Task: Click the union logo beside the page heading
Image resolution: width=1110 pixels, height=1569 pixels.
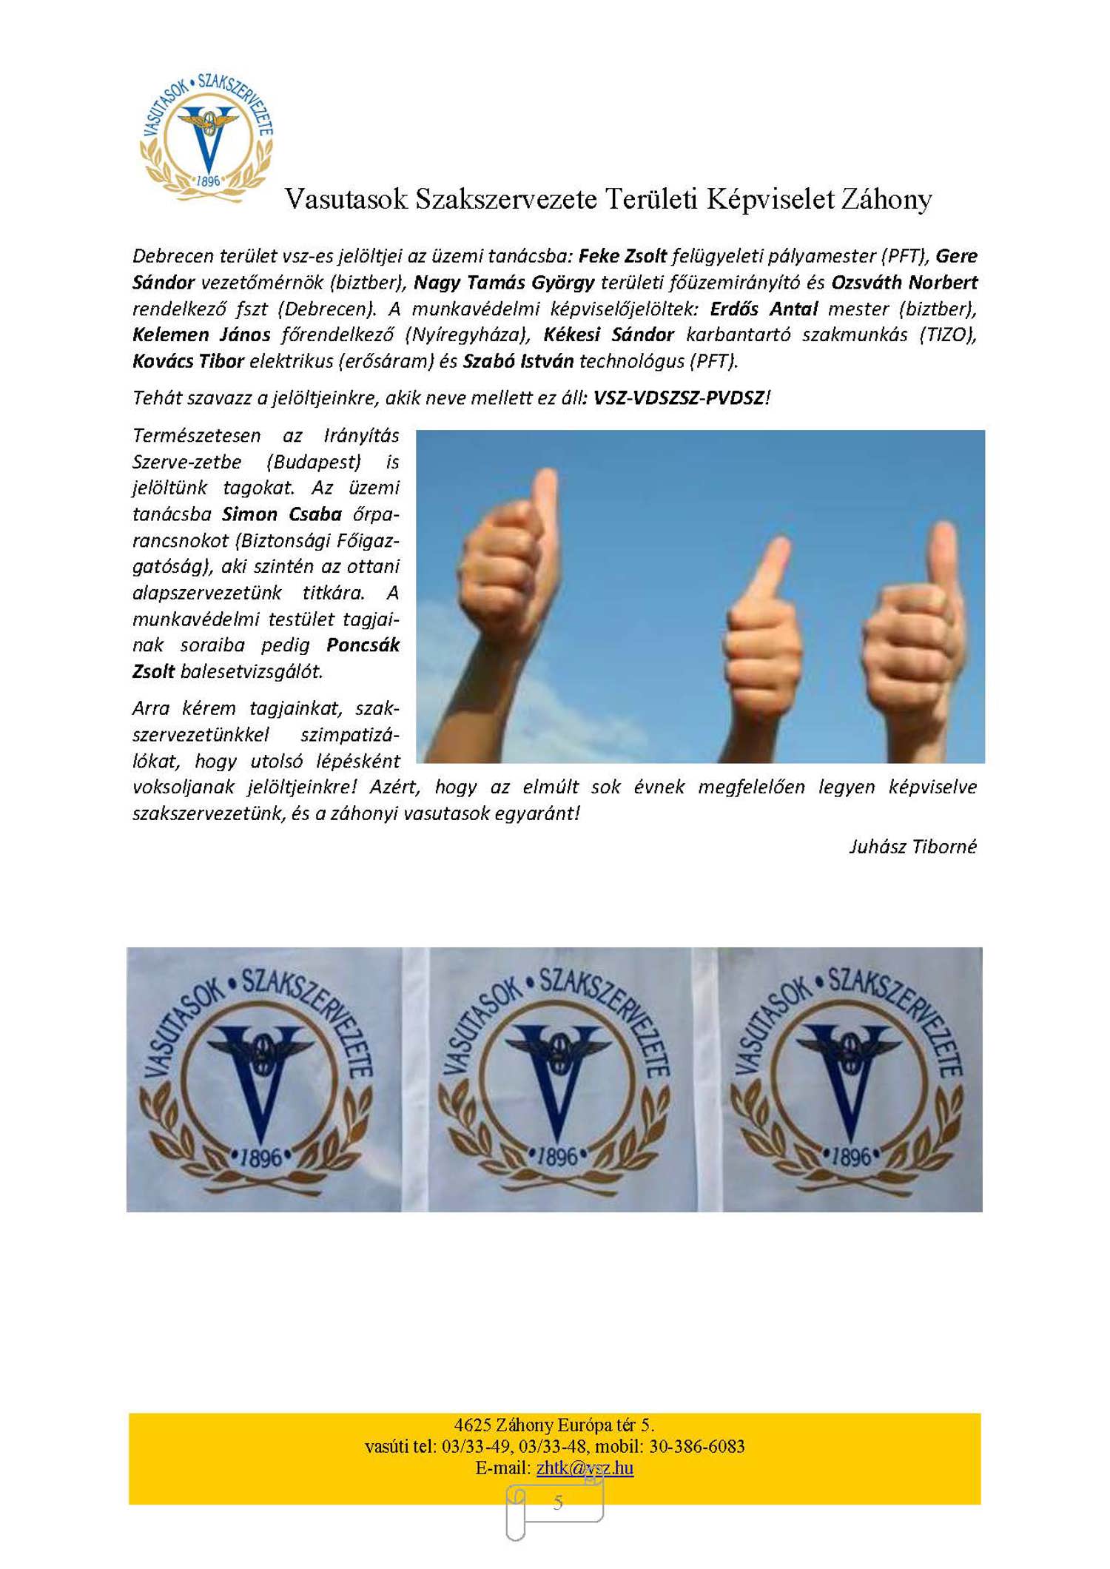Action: tap(206, 138)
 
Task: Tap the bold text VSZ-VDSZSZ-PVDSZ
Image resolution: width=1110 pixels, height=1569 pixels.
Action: tap(679, 398)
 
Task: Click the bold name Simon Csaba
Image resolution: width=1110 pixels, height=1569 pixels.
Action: tap(282, 514)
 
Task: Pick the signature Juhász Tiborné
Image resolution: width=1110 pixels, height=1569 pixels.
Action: tap(912, 847)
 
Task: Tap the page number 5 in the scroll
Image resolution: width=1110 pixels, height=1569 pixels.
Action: tap(557, 1502)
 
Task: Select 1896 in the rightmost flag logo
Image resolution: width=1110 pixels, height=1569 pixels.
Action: tap(851, 1157)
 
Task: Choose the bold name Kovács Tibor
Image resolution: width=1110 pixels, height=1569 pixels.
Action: tap(188, 361)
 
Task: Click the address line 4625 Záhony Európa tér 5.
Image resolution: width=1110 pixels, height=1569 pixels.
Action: tap(554, 1425)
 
